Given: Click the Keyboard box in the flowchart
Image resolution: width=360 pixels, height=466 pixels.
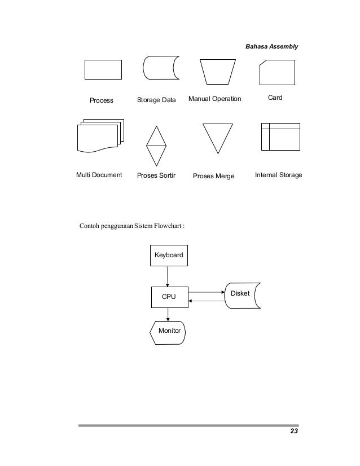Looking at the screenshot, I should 169,256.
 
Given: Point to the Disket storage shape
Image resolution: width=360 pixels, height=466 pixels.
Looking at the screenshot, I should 243,295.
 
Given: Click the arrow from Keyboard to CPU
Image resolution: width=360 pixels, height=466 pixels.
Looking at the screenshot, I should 168,276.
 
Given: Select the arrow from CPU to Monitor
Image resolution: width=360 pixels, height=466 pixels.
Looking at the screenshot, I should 168,315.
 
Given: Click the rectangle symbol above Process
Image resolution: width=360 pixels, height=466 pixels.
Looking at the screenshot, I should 103,69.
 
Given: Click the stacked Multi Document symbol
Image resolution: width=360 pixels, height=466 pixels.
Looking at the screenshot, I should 99,136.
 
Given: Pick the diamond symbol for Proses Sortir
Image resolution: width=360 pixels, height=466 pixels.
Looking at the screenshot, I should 156,144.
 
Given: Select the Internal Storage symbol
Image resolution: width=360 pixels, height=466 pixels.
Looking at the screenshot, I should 280,137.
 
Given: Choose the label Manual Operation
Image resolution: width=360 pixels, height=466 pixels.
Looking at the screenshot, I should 214,99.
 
